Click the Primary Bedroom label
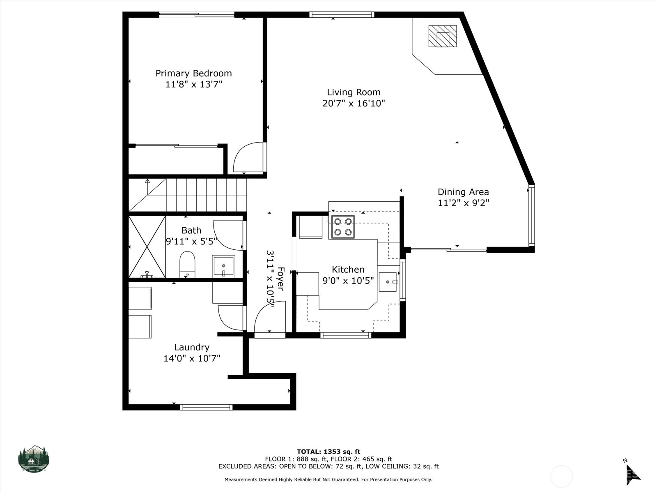[x=194, y=74]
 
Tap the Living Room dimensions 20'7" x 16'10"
[x=354, y=103]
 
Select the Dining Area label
[x=463, y=192]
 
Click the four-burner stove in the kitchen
[x=343, y=227]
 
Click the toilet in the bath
[x=187, y=264]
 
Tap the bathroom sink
[x=223, y=266]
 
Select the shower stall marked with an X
[x=147, y=246]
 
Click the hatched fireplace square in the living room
[x=443, y=36]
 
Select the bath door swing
[x=228, y=235]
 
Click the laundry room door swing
[x=230, y=318]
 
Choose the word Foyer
[x=280, y=279]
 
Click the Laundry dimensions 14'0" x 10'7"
[x=192, y=358]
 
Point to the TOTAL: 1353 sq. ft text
[x=328, y=452]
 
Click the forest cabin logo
[x=34, y=459]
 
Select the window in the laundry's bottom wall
[x=206, y=408]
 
